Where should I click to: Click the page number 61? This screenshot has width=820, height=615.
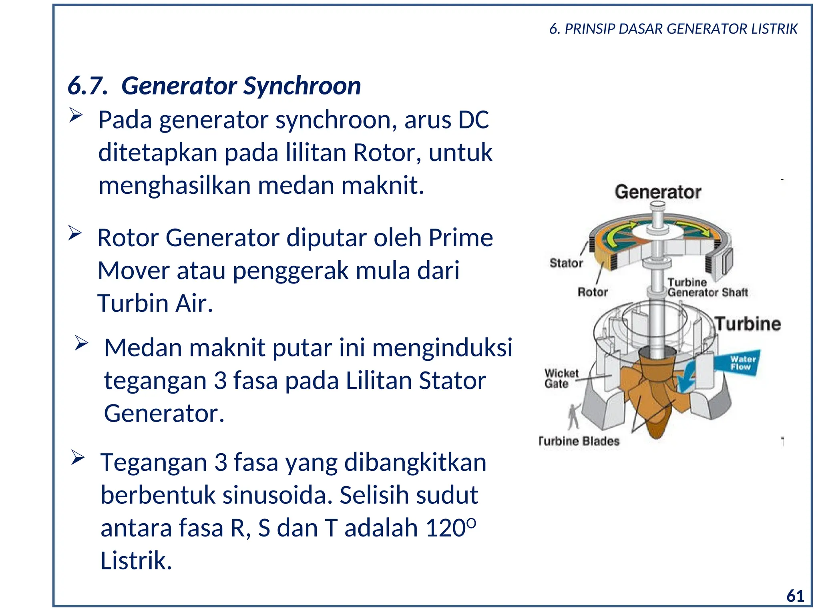click(795, 596)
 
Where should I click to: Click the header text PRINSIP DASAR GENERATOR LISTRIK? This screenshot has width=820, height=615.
click(681, 29)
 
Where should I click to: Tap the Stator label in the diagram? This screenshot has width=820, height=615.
click(566, 263)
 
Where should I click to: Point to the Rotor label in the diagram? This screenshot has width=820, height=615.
click(592, 292)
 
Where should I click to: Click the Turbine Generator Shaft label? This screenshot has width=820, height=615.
click(707, 288)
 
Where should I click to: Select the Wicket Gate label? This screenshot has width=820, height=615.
click(561, 378)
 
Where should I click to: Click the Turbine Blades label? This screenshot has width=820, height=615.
click(579, 441)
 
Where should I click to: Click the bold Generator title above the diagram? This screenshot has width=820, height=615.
click(658, 192)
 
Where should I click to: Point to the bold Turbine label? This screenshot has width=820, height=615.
click(748, 324)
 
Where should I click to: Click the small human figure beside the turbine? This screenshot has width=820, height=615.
click(574, 416)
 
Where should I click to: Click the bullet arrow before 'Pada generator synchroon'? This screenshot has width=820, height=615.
click(75, 115)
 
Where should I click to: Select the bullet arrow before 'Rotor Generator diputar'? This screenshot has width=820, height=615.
click(74, 233)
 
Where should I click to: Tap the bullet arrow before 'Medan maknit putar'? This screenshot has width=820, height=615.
click(81, 343)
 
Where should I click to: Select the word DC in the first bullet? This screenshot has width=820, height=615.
click(473, 120)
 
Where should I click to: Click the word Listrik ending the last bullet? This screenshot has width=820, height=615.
click(135, 561)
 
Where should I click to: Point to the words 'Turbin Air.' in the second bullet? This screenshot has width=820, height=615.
click(155, 303)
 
